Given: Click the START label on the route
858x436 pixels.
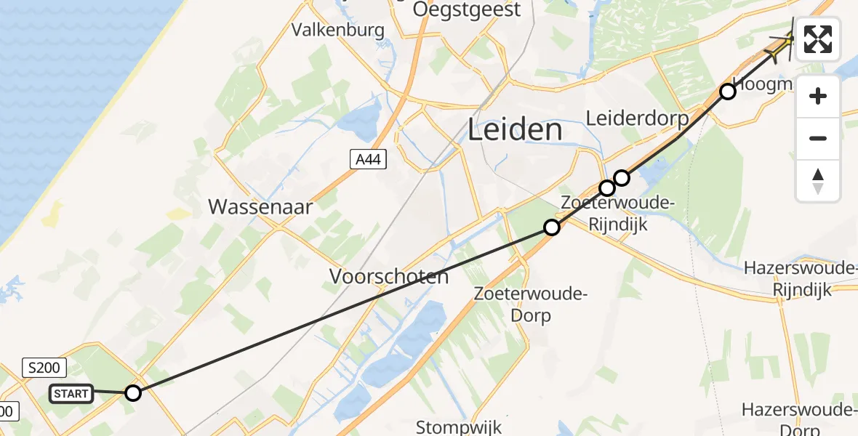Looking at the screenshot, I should click(x=71, y=394).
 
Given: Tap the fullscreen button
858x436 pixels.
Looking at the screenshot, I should click(x=818, y=39).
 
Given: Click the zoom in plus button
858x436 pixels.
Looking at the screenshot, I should click(x=818, y=96).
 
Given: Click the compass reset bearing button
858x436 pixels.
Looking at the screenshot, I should click(x=818, y=180).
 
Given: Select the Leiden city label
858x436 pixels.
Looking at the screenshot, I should click(x=514, y=131).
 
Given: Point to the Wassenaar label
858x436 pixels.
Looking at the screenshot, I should click(x=260, y=207).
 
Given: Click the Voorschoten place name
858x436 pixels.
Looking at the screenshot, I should click(x=389, y=277).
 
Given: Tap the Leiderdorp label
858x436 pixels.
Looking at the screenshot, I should click(x=637, y=118).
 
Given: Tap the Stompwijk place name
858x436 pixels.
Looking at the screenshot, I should click(x=459, y=426).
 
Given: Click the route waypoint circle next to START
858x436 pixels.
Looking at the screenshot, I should click(x=132, y=393).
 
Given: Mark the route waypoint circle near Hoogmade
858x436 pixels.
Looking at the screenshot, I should click(x=727, y=92).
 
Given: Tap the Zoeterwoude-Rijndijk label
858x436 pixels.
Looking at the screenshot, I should click(x=605, y=214).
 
